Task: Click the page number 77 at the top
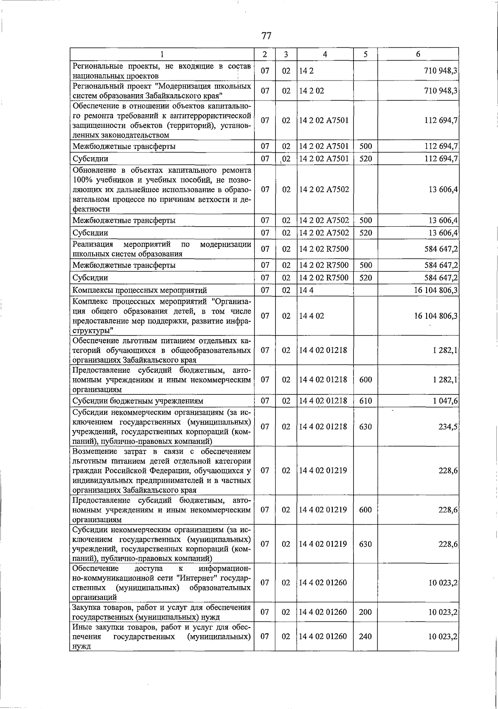(x=266, y=36)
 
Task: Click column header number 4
(x=325, y=54)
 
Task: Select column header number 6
(x=418, y=54)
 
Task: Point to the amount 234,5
(x=448, y=427)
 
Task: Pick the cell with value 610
(x=365, y=401)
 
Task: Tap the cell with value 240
(x=365, y=636)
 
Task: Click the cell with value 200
(x=365, y=612)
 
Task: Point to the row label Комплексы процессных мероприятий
(x=139, y=290)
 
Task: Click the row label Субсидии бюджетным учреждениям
(x=138, y=401)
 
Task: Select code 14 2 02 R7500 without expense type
(x=324, y=249)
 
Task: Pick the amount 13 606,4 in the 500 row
(x=443, y=220)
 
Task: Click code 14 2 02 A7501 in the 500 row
(x=324, y=146)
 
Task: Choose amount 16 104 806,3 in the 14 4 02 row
(x=436, y=316)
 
